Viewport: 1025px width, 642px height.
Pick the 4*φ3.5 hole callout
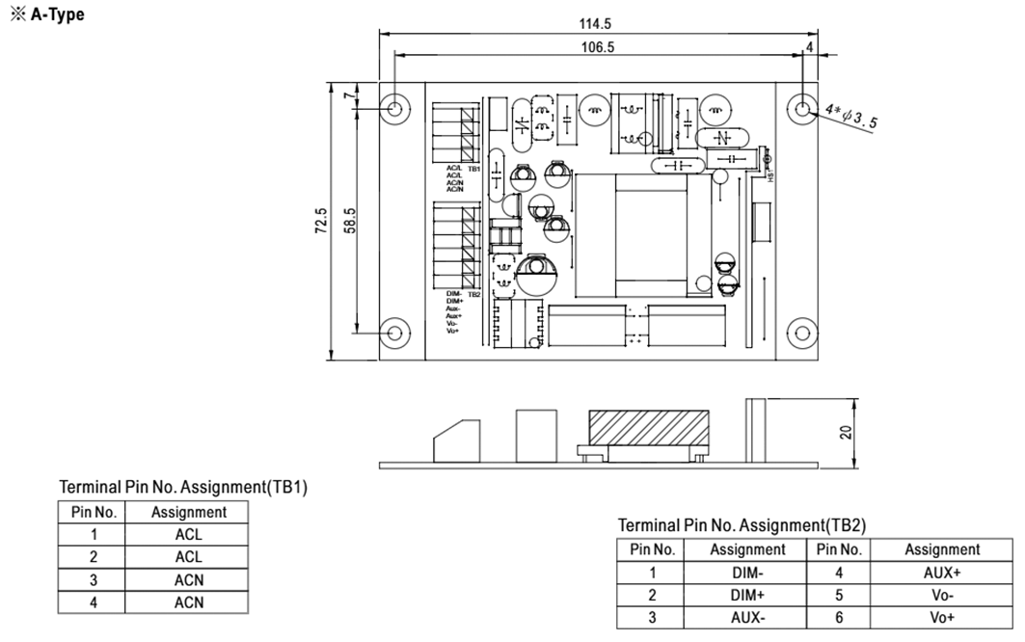pyautogui.click(x=849, y=118)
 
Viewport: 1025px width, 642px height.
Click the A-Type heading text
pyautogui.click(x=47, y=14)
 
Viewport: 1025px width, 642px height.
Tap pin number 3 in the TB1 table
pyautogui.click(x=94, y=580)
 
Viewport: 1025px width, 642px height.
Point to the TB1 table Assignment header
pyautogui.click(x=189, y=513)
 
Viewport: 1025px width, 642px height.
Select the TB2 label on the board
pyautogui.click(x=474, y=294)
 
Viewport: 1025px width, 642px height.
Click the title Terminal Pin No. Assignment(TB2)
pyautogui.click(x=742, y=525)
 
